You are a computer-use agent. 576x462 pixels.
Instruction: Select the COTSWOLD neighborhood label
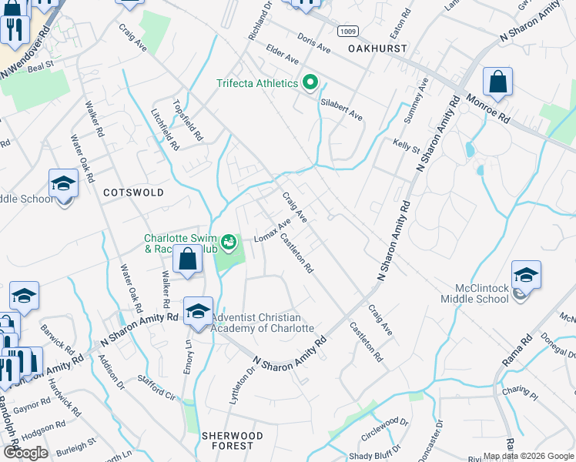pyautogui.click(x=133, y=192)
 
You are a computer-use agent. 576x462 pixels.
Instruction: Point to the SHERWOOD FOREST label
pyautogui.click(x=233, y=440)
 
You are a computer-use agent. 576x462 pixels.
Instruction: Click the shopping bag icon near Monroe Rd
pyautogui.click(x=498, y=83)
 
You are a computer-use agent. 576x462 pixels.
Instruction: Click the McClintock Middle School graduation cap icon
pyautogui.click(x=526, y=276)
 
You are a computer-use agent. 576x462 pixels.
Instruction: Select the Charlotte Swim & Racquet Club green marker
pyautogui.click(x=229, y=243)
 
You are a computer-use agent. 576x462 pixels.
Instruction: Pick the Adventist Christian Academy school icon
pyautogui.click(x=198, y=311)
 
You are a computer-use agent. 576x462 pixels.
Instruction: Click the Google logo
pyautogui.click(x=25, y=453)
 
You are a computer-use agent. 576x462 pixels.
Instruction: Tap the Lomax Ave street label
pyautogui.click(x=273, y=227)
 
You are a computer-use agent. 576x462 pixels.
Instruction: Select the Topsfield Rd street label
pyautogui.click(x=188, y=121)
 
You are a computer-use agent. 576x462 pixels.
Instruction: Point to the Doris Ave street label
pyautogui.click(x=313, y=45)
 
